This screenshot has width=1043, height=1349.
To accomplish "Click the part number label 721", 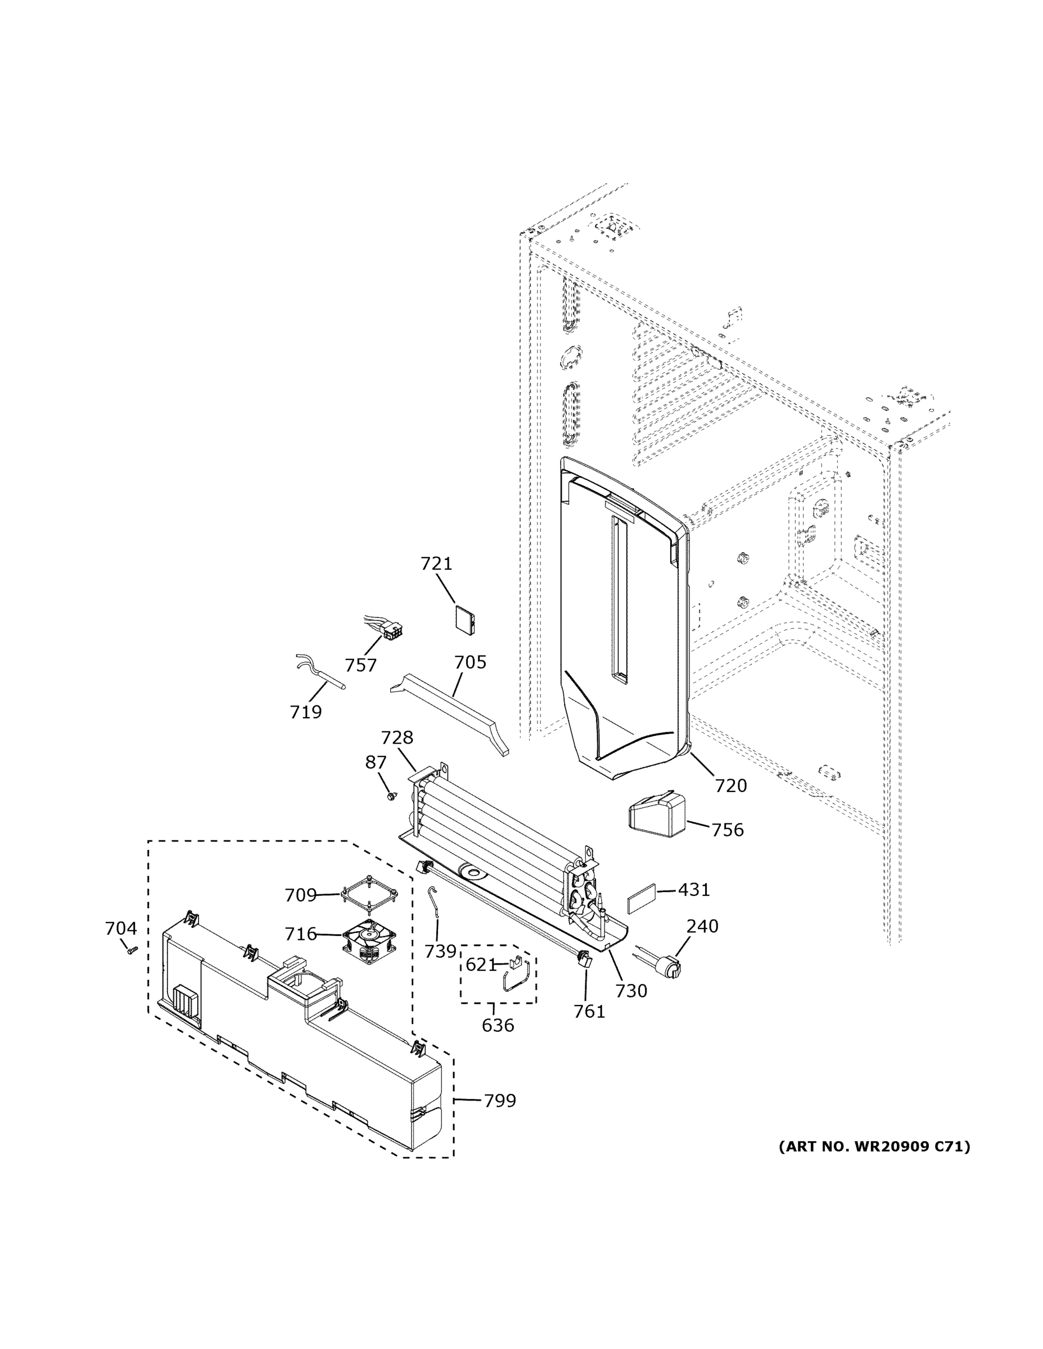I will [436, 564].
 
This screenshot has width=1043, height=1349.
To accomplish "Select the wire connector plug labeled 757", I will [391, 632].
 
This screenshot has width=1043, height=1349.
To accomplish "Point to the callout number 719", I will [306, 713].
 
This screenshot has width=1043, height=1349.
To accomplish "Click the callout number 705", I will [470, 663].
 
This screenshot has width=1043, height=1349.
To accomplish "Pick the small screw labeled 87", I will [391, 797].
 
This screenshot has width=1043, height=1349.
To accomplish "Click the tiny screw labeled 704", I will [131, 950].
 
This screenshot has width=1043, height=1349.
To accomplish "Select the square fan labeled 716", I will [369, 943].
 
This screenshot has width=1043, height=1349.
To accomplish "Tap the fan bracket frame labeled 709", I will [369, 895].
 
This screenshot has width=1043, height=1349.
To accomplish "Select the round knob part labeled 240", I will [670, 967].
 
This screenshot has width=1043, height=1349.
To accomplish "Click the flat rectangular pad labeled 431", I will [642, 897].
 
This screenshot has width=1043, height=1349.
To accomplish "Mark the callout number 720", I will [731, 786].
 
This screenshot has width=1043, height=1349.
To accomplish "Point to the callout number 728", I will [397, 737].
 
